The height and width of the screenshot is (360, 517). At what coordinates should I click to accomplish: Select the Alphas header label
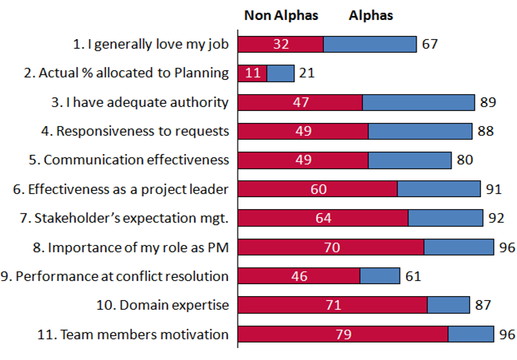click(x=371, y=16)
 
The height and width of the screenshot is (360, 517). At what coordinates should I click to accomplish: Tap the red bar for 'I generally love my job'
click(x=281, y=44)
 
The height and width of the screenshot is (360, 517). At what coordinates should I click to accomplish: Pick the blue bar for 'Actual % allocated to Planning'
click(x=280, y=73)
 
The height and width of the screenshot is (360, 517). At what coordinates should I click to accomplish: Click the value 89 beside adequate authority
click(x=488, y=102)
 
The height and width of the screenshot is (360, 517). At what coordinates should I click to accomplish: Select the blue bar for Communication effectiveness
click(x=409, y=160)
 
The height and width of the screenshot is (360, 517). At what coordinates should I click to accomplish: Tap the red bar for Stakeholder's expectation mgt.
click(x=323, y=218)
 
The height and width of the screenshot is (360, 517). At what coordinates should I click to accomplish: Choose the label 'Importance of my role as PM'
click(x=139, y=247)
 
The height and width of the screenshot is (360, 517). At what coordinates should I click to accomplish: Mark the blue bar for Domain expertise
click(x=448, y=305)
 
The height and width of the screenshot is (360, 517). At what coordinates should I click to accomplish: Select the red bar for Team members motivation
click(x=343, y=334)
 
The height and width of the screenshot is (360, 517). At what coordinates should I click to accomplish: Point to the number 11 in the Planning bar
click(x=253, y=73)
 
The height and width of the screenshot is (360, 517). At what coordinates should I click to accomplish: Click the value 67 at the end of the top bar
click(x=430, y=44)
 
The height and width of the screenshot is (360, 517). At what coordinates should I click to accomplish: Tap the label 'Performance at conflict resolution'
click(x=116, y=276)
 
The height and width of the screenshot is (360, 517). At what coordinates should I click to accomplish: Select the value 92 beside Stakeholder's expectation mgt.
click(x=495, y=218)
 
